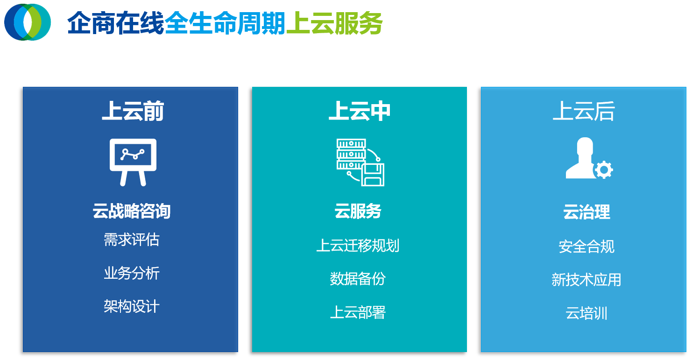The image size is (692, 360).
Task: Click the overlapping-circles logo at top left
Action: coord(28,22)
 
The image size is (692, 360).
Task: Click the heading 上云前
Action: coord(133,112)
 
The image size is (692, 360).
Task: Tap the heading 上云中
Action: coord(360,112)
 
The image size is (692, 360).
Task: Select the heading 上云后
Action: coord(584,112)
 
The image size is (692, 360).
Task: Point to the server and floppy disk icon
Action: coord(360,162)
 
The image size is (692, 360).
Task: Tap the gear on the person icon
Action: coord(604,170)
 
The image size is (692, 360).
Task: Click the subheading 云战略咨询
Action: coord(132,211)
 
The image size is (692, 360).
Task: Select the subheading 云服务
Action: coord(358,212)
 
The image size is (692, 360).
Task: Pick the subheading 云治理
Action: coord(586,212)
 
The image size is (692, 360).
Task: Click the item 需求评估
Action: coord(132,240)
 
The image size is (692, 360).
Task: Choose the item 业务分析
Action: coord(132,273)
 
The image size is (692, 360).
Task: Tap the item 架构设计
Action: coord(132,307)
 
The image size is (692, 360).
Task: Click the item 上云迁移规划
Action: coord(358,246)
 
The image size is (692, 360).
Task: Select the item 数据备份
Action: coord(358,279)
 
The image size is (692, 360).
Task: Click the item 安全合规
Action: coord(586,247)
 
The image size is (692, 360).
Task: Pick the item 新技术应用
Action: coord(586,280)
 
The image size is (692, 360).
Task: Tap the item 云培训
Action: coord(586,313)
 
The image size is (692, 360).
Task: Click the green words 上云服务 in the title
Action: coord(334,23)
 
